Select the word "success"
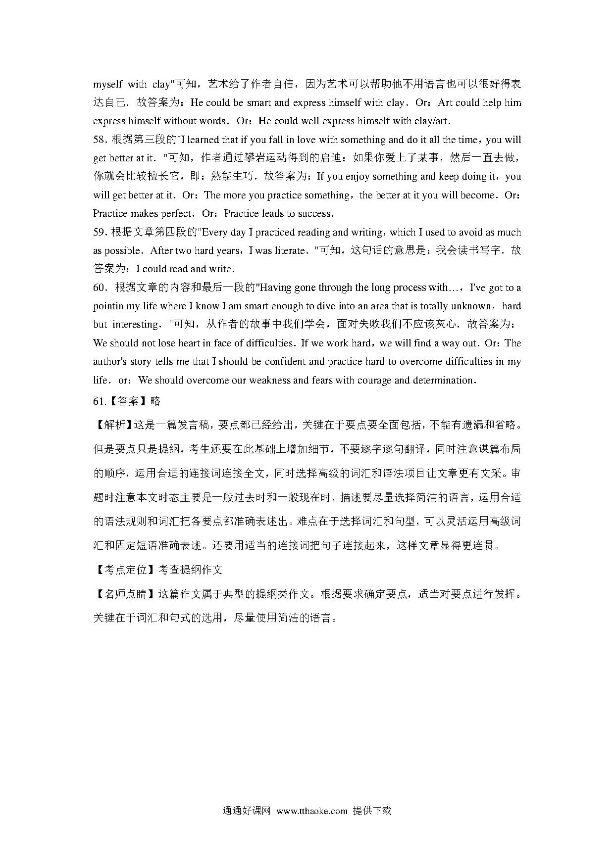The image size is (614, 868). (314, 214)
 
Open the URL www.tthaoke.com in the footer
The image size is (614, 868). (312, 811)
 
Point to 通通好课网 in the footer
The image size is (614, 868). (246, 811)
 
